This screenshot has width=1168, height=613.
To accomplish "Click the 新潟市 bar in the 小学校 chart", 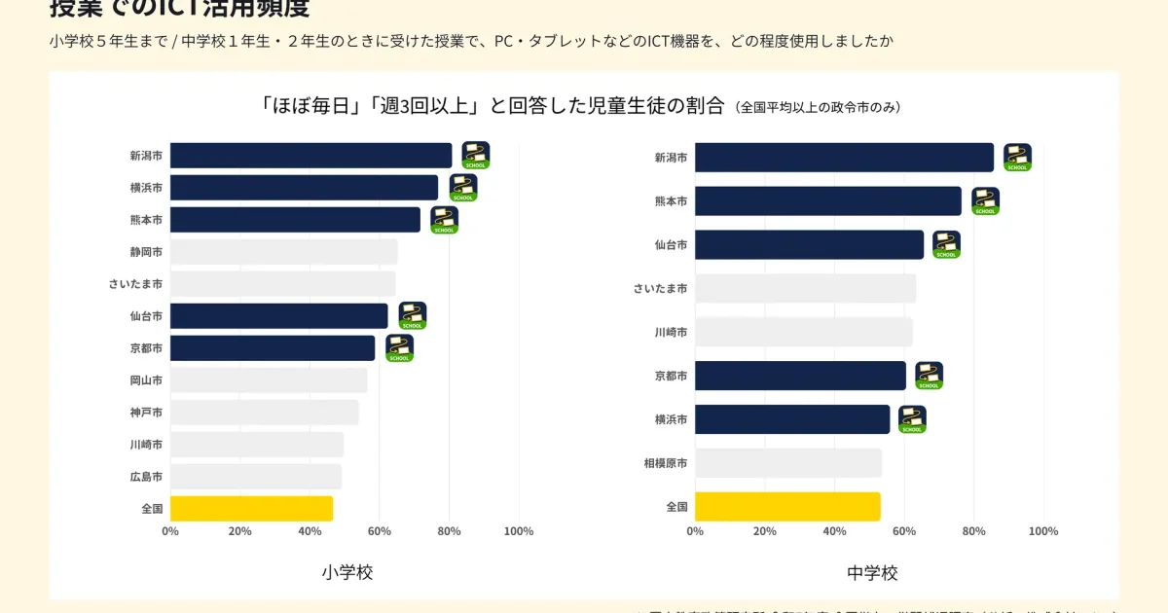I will click(x=310, y=156).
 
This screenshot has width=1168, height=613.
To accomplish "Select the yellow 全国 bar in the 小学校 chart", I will click(x=251, y=509).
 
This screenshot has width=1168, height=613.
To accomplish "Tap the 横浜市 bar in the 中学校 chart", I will click(x=792, y=419).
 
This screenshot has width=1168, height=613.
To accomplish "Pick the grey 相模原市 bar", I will click(x=788, y=463).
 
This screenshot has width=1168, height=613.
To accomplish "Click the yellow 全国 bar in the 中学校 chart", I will click(x=787, y=507).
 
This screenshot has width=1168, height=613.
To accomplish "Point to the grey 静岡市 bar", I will click(x=283, y=252).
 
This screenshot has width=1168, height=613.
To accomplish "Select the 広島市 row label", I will click(x=146, y=477).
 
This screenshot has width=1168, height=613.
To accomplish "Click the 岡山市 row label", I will click(x=146, y=380).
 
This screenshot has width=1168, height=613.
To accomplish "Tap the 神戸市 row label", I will click(x=146, y=413).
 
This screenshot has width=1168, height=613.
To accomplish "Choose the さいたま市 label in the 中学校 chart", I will click(x=660, y=288).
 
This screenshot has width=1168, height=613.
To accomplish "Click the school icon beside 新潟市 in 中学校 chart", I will click(x=1017, y=158).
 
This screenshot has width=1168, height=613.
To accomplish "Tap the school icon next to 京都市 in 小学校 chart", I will click(x=399, y=348).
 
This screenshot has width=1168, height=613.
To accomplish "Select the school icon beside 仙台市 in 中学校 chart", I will click(x=946, y=244).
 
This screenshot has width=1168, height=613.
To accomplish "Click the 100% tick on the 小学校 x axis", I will click(x=519, y=531).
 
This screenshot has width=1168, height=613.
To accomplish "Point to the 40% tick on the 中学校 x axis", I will click(x=834, y=531).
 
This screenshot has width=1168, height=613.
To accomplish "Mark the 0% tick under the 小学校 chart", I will click(x=170, y=531).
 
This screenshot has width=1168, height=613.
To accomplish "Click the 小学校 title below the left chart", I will click(x=347, y=572).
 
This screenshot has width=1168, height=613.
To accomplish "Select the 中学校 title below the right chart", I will click(x=872, y=572).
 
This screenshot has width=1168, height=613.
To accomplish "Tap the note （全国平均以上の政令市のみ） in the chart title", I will click(x=818, y=107).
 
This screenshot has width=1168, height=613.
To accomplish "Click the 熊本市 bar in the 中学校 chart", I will click(x=827, y=201).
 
